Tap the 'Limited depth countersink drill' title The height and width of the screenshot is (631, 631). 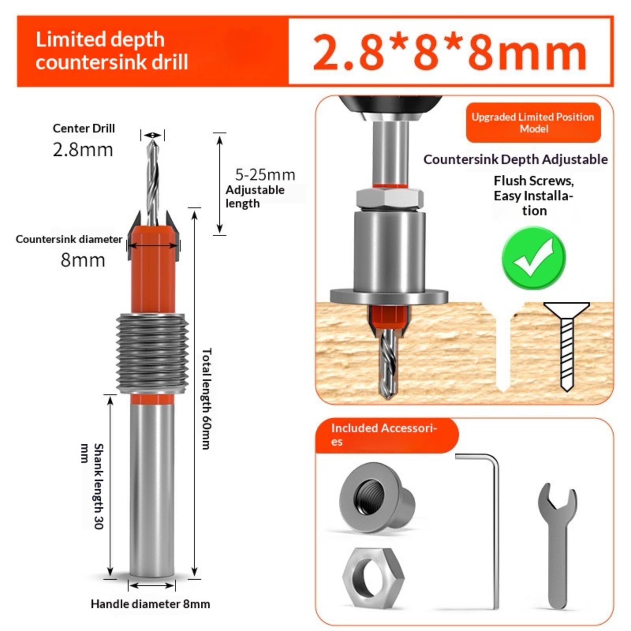[x=112, y=51]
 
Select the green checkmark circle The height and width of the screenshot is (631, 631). [x=534, y=258]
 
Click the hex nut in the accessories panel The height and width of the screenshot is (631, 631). [x=373, y=577]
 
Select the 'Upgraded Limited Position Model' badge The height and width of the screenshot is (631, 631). [x=533, y=123]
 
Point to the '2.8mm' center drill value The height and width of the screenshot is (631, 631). [x=83, y=150]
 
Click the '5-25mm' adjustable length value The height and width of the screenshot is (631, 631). [x=265, y=175]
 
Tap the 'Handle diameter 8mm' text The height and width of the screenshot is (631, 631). [x=150, y=604]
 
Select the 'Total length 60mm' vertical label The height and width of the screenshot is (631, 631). [x=207, y=399]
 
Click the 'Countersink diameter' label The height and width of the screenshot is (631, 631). [x=69, y=239]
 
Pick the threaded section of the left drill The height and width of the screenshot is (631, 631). [x=152, y=353]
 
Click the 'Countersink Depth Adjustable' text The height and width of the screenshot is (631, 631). [x=515, y=159]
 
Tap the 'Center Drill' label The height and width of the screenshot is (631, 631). [x=84, y=129]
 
